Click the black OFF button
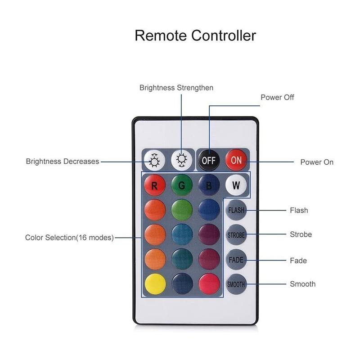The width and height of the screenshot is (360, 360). (x=209, y=160)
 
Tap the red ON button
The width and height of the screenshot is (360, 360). (x=236, y=160)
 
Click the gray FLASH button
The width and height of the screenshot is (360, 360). (x=236, y=210)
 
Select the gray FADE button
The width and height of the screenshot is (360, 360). (x=236, y=260)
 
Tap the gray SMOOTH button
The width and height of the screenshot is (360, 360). (x=236, y=284)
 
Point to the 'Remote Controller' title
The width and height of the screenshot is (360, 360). (x=195, y=35)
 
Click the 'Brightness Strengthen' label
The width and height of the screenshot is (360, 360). (x=176, y=87)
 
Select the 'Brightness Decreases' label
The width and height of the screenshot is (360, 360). (x=63, y=161)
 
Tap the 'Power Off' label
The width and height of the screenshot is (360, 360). (x=277, y=97)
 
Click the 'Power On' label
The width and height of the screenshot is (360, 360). (x=317, y=162)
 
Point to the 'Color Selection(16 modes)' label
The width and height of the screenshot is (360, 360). (x=69, y=237)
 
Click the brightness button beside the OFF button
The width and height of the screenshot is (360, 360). (x=182, y=160)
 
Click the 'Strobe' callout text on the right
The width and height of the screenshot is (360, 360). (x=301, y=234)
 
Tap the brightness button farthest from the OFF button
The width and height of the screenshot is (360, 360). (x=154, y=160)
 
